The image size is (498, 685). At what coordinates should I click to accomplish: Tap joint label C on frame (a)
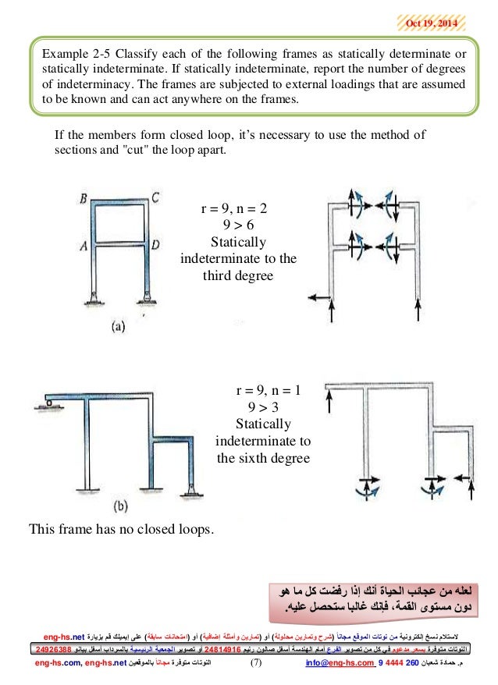(x=156, y=197)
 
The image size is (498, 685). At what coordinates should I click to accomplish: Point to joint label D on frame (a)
(x=156, y=245)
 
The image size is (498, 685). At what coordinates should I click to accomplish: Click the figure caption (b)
(x=120, y=506)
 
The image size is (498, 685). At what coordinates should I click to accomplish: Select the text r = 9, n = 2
(x=237, y=209)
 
